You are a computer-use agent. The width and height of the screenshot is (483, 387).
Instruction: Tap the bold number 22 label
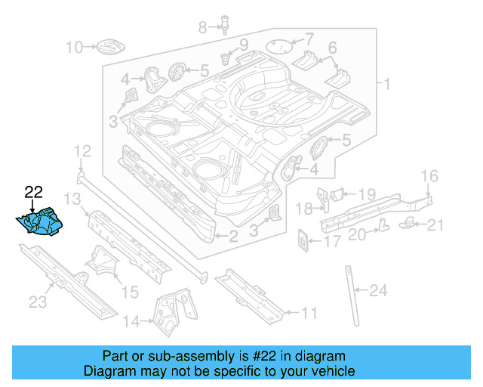point(33,193)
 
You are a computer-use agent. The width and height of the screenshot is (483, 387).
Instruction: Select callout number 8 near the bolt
point(202,28)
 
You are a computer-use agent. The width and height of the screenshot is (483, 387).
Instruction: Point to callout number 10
point(74,48)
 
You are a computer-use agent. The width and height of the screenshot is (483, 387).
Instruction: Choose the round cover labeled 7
point(281,45)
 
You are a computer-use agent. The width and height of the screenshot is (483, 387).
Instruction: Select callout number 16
point(429,178)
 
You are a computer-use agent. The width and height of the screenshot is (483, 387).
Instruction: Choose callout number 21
point(437,224)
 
